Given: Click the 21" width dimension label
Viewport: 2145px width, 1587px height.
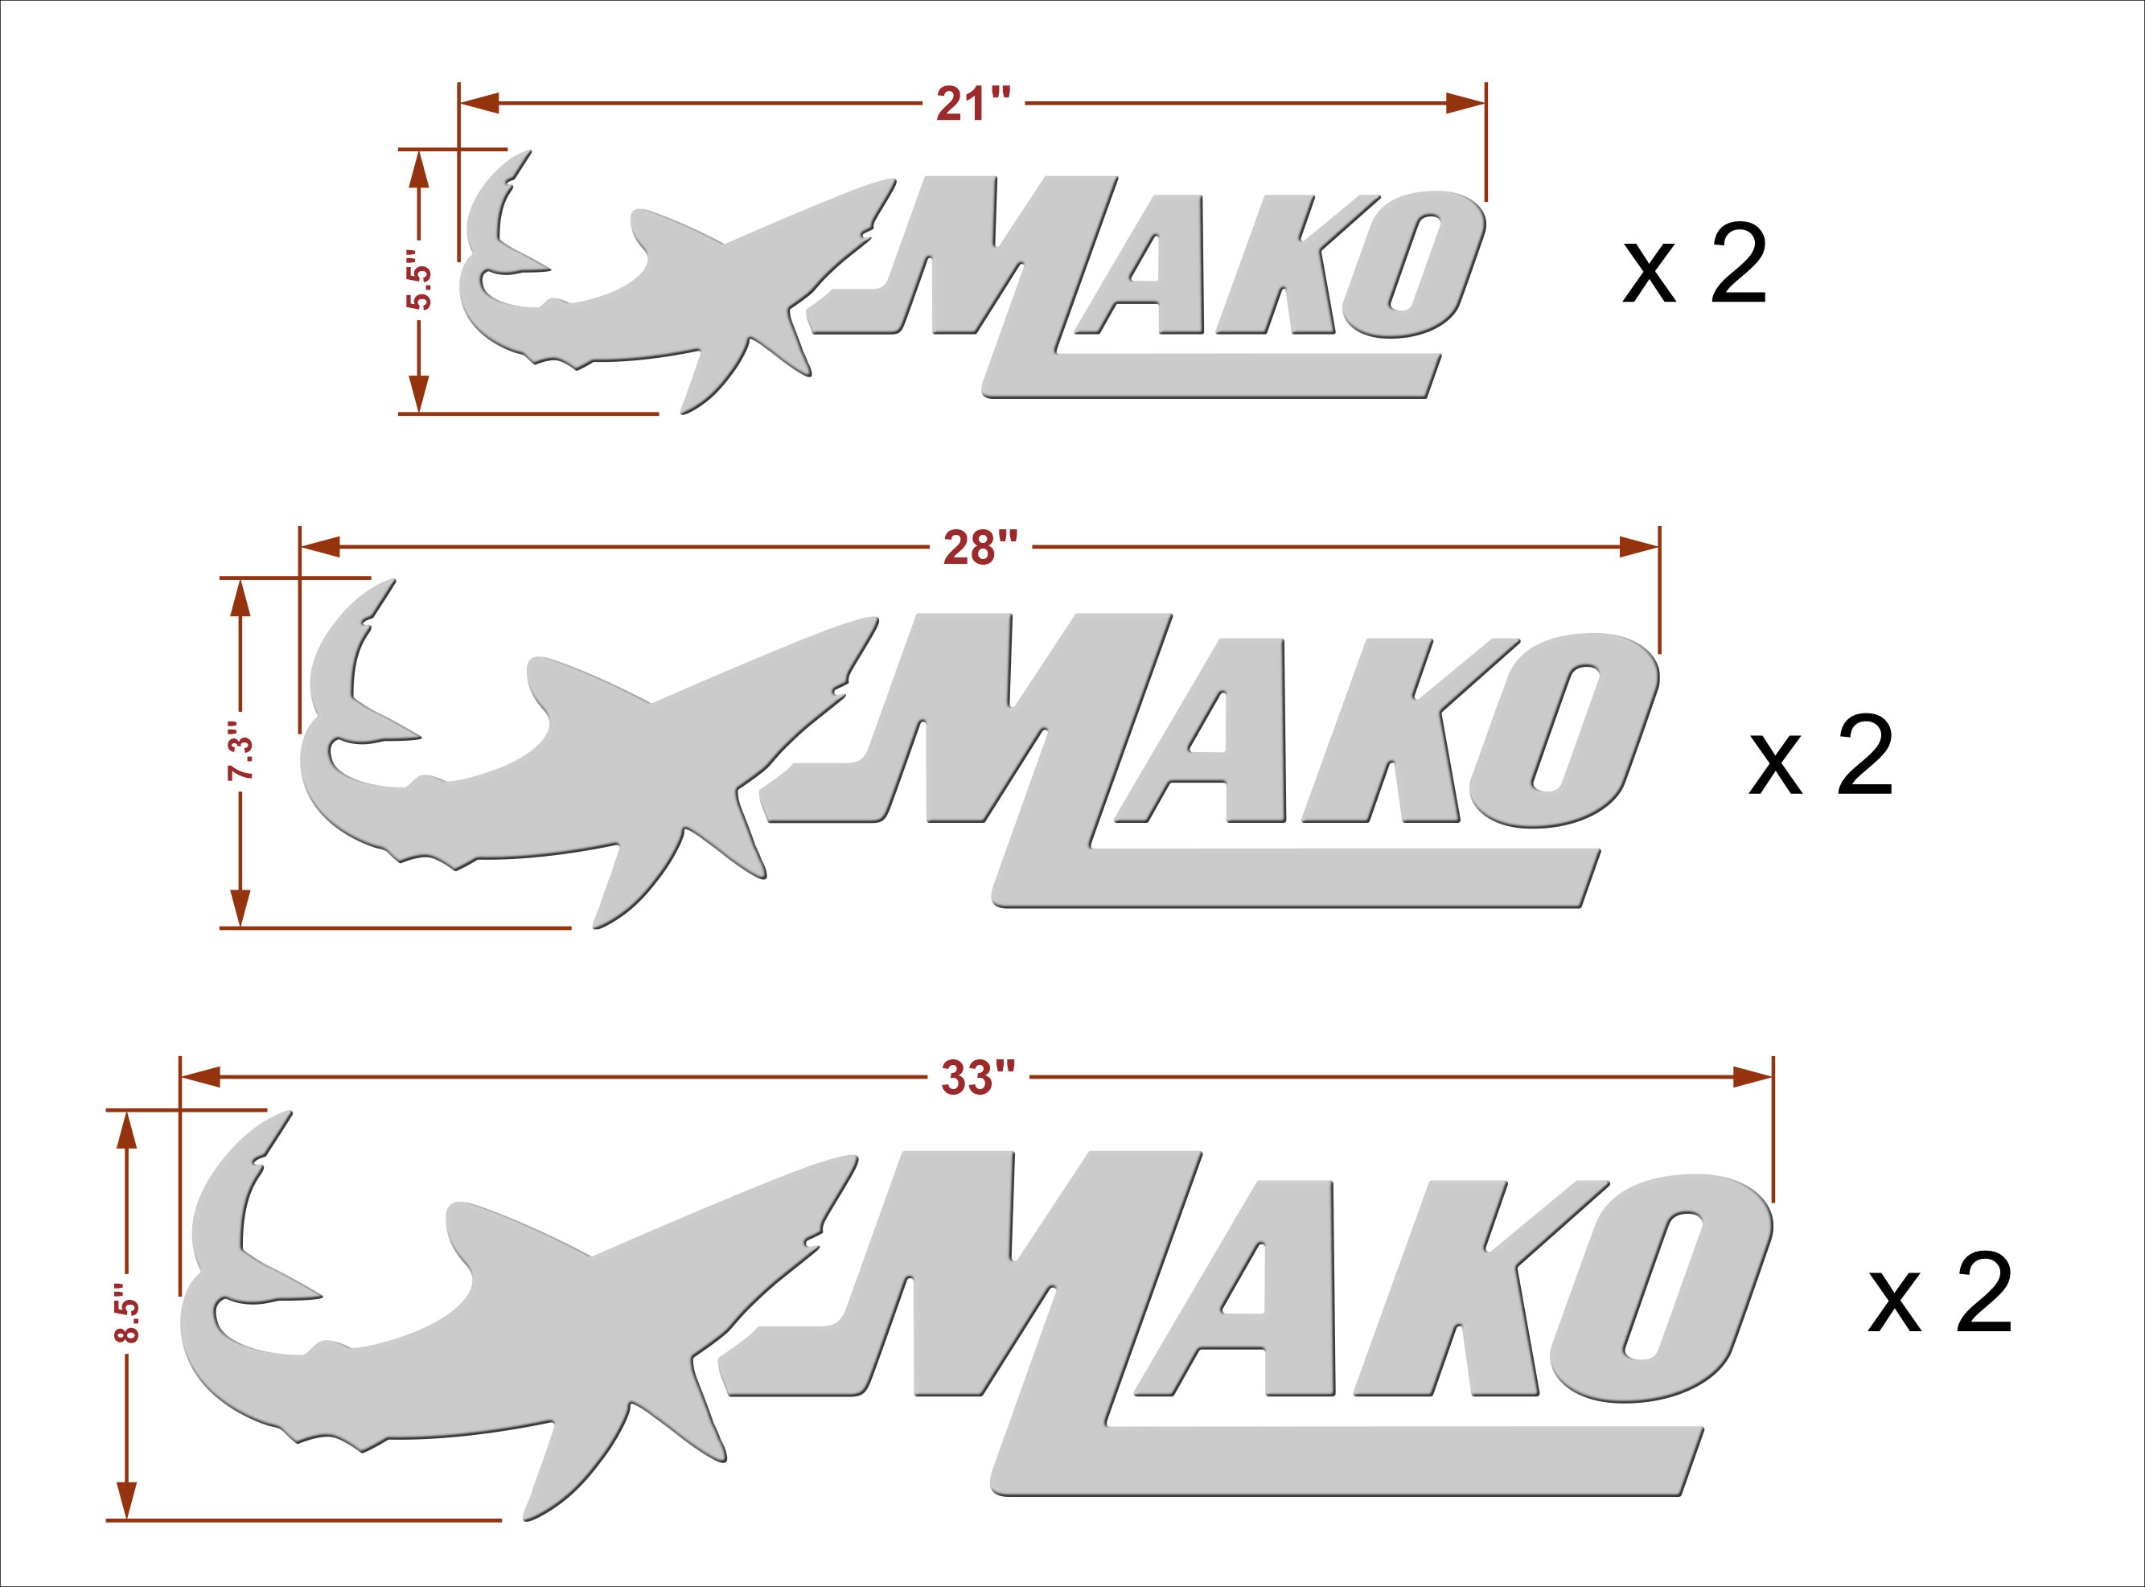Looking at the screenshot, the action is [974, 104].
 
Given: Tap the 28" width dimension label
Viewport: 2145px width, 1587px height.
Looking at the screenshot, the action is [980, 548].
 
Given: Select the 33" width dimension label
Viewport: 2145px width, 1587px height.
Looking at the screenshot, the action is [978, 1078].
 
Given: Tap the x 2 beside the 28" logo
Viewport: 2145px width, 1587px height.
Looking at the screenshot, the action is [1820, 755].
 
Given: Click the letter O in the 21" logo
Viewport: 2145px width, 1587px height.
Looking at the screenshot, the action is [1412, 264].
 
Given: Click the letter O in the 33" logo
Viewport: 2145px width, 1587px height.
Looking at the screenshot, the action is [1662, 1287].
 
